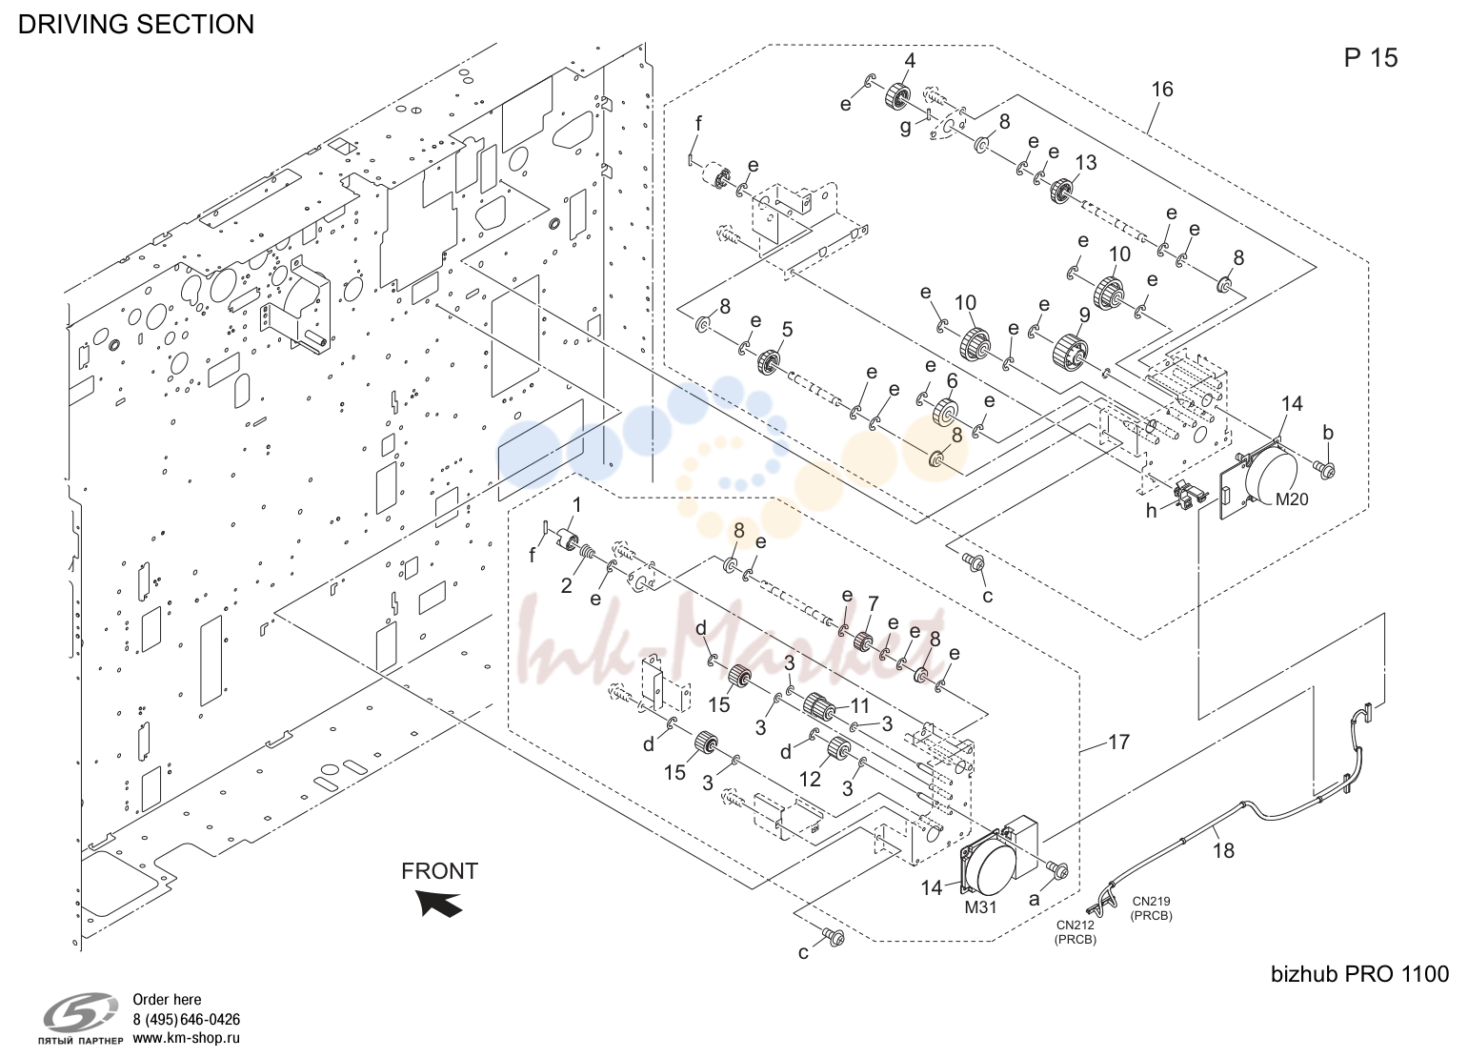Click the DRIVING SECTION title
(135, 24)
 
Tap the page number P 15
(1370, 58)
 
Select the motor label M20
(1291, 499)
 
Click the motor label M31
(980, 907)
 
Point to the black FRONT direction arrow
(439, 903)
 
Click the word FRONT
(440, 871)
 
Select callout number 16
(1162, 90)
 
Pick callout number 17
(1118, 742)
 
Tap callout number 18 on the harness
(1223, 851)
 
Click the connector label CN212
(1075, 925)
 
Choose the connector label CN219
(1150, 902)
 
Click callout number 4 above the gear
(910, 60)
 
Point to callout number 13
(1085, 162)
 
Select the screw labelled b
(1323, 468)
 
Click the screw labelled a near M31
(1057, 870)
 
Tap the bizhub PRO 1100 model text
(1359, 974)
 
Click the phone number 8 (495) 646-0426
(186, 1019)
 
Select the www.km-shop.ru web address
(186, 1038)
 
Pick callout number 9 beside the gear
(1084, 315)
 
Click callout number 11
(859, 705)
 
